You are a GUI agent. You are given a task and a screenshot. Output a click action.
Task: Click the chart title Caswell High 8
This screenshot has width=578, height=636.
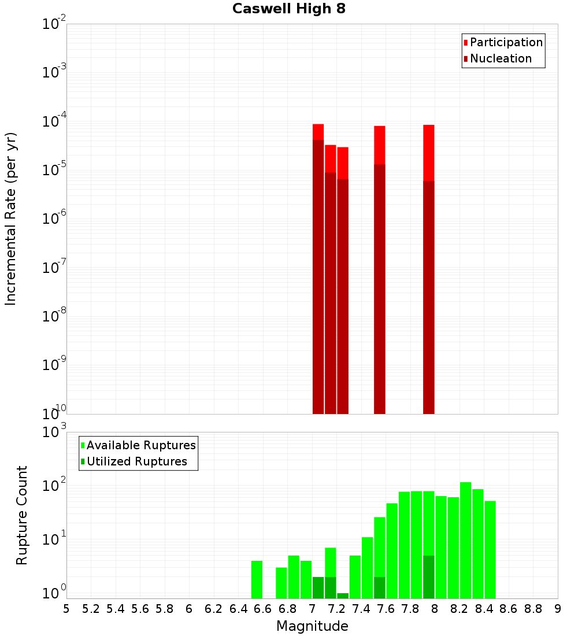tap(289, 9)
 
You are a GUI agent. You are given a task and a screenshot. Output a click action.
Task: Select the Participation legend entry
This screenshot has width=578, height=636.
tap(506, 42)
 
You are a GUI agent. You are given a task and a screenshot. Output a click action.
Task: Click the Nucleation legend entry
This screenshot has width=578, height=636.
tap(501, 58)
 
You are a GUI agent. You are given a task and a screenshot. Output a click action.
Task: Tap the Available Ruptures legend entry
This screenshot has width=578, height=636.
tap(141, 445)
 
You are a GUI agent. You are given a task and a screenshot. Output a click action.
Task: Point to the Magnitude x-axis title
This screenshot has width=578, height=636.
tap(312, 626)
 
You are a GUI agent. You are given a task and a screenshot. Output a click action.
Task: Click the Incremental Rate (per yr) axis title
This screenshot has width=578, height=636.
tap(11, 219)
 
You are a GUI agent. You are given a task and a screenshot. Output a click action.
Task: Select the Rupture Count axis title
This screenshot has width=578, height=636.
tap(22, 515)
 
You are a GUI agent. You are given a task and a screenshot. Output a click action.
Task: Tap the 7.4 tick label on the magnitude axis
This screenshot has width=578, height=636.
tap(361, 608)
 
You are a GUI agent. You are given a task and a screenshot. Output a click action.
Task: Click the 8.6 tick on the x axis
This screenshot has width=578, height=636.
tap(509, 608)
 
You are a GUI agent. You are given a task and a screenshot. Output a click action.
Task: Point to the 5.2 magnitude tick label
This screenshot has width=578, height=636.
tap(91, 608)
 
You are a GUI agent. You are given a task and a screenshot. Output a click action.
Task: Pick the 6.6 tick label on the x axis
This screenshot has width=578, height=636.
tap(263, 608)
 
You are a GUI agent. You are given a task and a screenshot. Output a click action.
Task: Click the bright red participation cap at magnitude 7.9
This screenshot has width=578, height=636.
tap(429, 153)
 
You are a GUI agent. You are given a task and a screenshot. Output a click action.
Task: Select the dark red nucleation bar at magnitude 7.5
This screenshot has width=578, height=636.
tap(380, 289)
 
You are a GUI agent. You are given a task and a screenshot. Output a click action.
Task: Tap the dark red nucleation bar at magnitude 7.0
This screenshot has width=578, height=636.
tap(318, 278)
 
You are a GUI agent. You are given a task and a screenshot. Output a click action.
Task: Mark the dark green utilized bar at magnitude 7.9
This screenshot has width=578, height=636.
tap(429, 577)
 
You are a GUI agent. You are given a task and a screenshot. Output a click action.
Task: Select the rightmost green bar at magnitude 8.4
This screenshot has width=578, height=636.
tap(490, 549)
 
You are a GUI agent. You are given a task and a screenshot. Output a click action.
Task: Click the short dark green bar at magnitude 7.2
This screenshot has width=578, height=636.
tap(343, 596)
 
